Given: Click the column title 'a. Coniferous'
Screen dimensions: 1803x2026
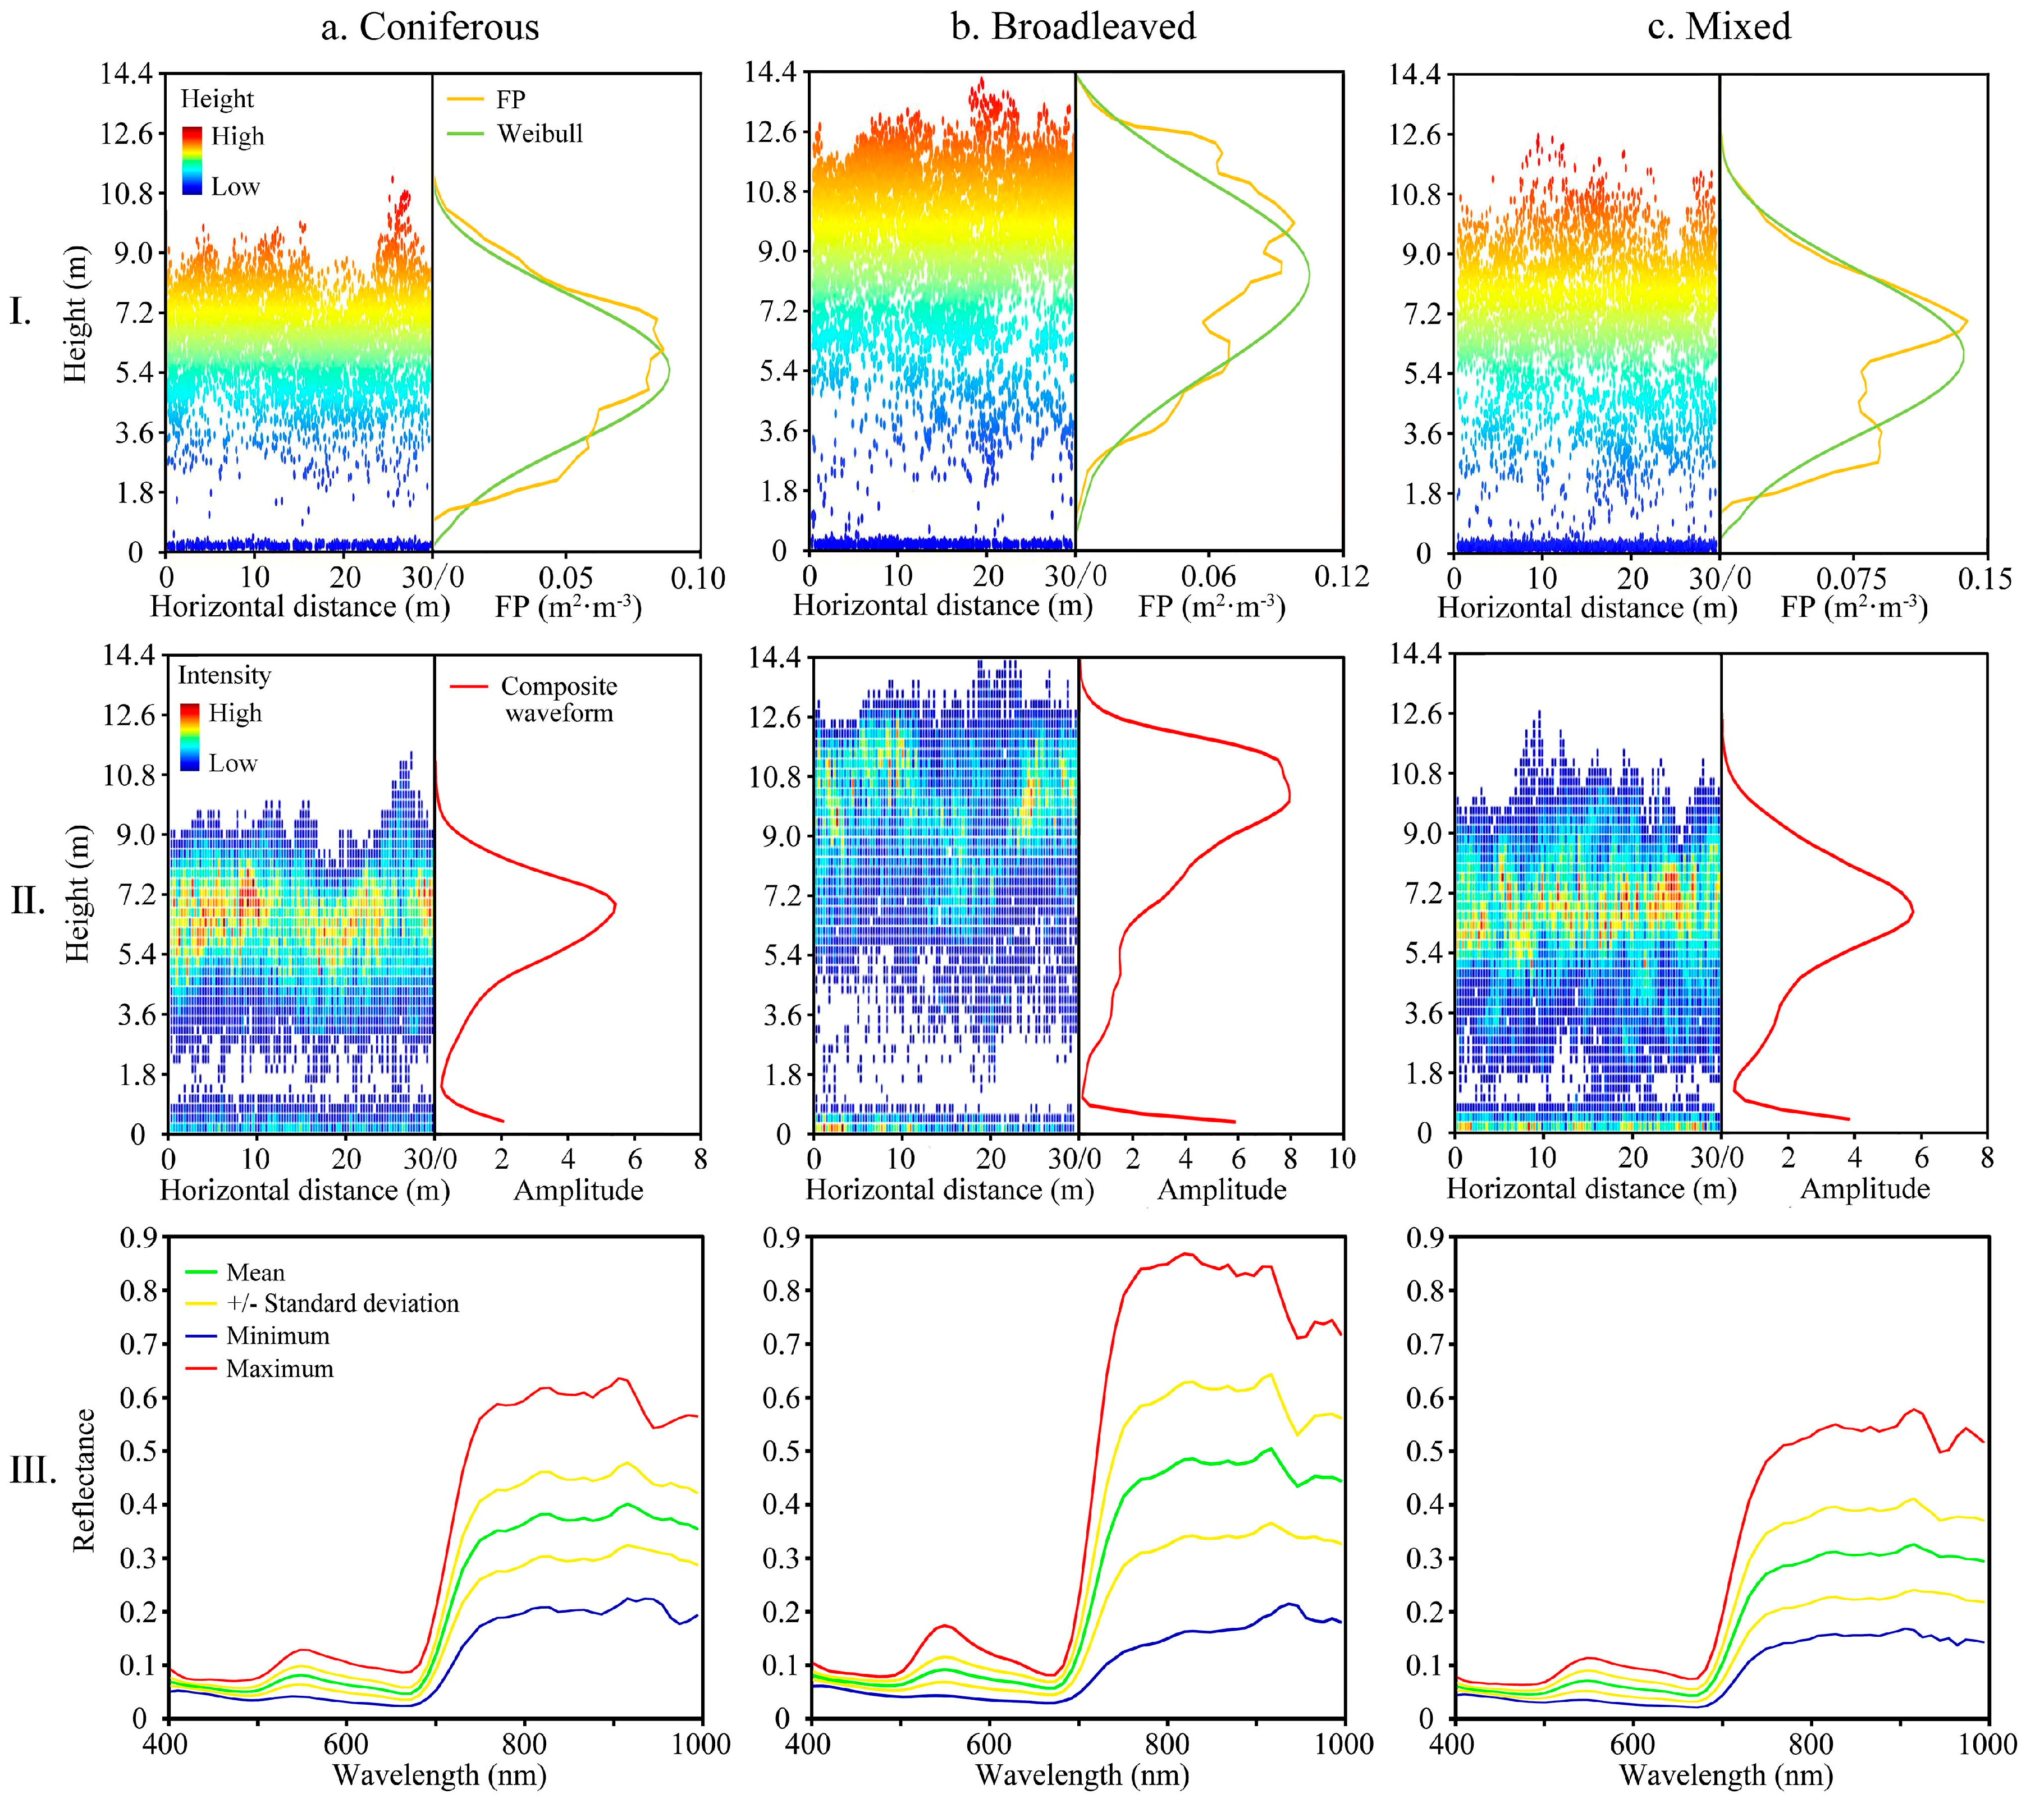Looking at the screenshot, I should (429, 27).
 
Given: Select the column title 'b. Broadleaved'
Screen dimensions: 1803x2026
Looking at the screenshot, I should (1073, 27).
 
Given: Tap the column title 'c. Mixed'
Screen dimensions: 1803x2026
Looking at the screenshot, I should (1719, 27).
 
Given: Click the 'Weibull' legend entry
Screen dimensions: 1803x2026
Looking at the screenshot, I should (539, 134).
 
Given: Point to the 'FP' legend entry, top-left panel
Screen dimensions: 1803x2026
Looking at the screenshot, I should (510, 99).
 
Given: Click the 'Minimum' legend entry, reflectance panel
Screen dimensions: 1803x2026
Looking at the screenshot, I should (277, 1335).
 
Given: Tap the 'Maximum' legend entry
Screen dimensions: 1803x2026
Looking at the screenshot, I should (280, 1369).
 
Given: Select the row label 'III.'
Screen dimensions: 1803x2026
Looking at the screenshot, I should (33, 1471).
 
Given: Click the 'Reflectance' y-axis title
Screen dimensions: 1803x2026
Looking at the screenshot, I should (84, 1479).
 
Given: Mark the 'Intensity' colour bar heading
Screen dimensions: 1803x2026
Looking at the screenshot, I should (224, 676).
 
